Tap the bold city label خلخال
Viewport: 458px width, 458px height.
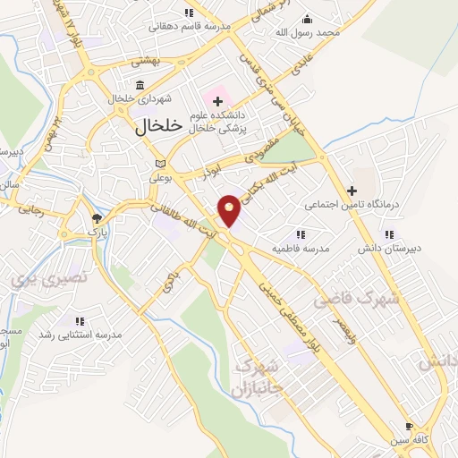click(x=158, y=126)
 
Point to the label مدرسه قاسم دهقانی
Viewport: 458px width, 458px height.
click(x=189, y=26)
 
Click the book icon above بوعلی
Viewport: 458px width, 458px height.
click(x=160, y=164)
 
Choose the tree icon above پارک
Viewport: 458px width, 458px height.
click(x=97, y=217)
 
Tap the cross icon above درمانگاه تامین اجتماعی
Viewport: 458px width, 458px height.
click(x=352, y=191)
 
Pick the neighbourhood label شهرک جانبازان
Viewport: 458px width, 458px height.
click(x=256, y=378)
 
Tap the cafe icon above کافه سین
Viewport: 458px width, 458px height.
click(x=410, y=427)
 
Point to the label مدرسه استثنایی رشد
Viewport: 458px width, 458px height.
click(x=78, y=334)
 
